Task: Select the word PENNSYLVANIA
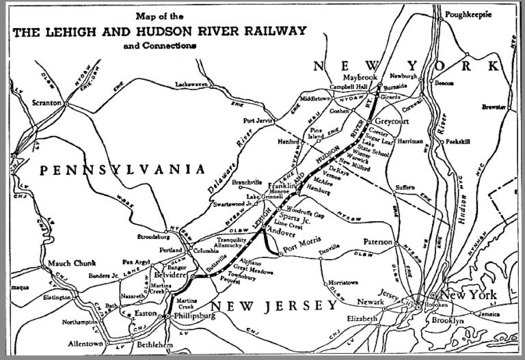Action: pos(122,169)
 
